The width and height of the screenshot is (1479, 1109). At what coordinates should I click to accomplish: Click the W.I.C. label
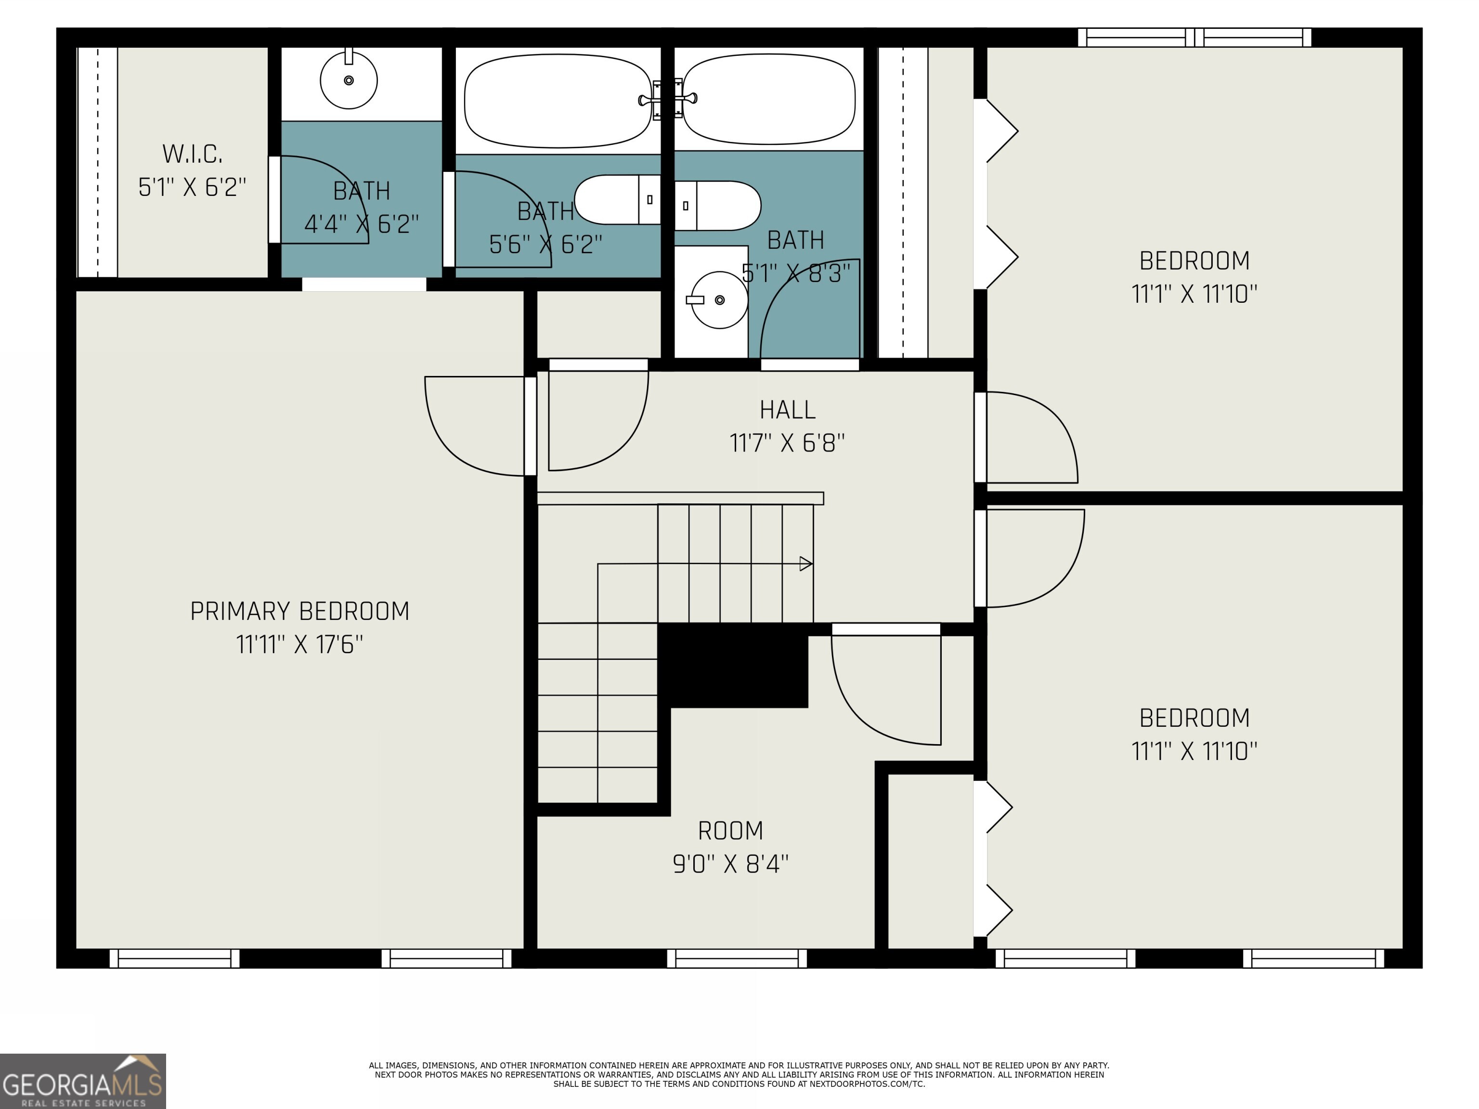(192, 155)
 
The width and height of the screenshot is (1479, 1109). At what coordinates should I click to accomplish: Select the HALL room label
(787, 410)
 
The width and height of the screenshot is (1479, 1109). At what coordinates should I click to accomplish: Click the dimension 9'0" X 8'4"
(730, 864)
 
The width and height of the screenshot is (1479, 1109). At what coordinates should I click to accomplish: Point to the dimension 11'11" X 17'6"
(299, 645)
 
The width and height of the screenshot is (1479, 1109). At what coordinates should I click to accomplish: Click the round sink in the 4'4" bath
(349, 81)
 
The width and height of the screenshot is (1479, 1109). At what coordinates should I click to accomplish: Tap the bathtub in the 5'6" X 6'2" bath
(557, 101)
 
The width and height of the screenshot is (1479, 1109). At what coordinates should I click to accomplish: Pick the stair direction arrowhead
(805, 564)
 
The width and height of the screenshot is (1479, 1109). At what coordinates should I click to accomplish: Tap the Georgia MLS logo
(82, 1081)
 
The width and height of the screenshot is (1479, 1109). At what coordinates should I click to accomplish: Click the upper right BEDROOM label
(1194, 261)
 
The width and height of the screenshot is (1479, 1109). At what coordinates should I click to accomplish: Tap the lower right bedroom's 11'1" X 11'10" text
(1194, 752)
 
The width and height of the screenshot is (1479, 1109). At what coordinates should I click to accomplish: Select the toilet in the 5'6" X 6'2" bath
(616, 199)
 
